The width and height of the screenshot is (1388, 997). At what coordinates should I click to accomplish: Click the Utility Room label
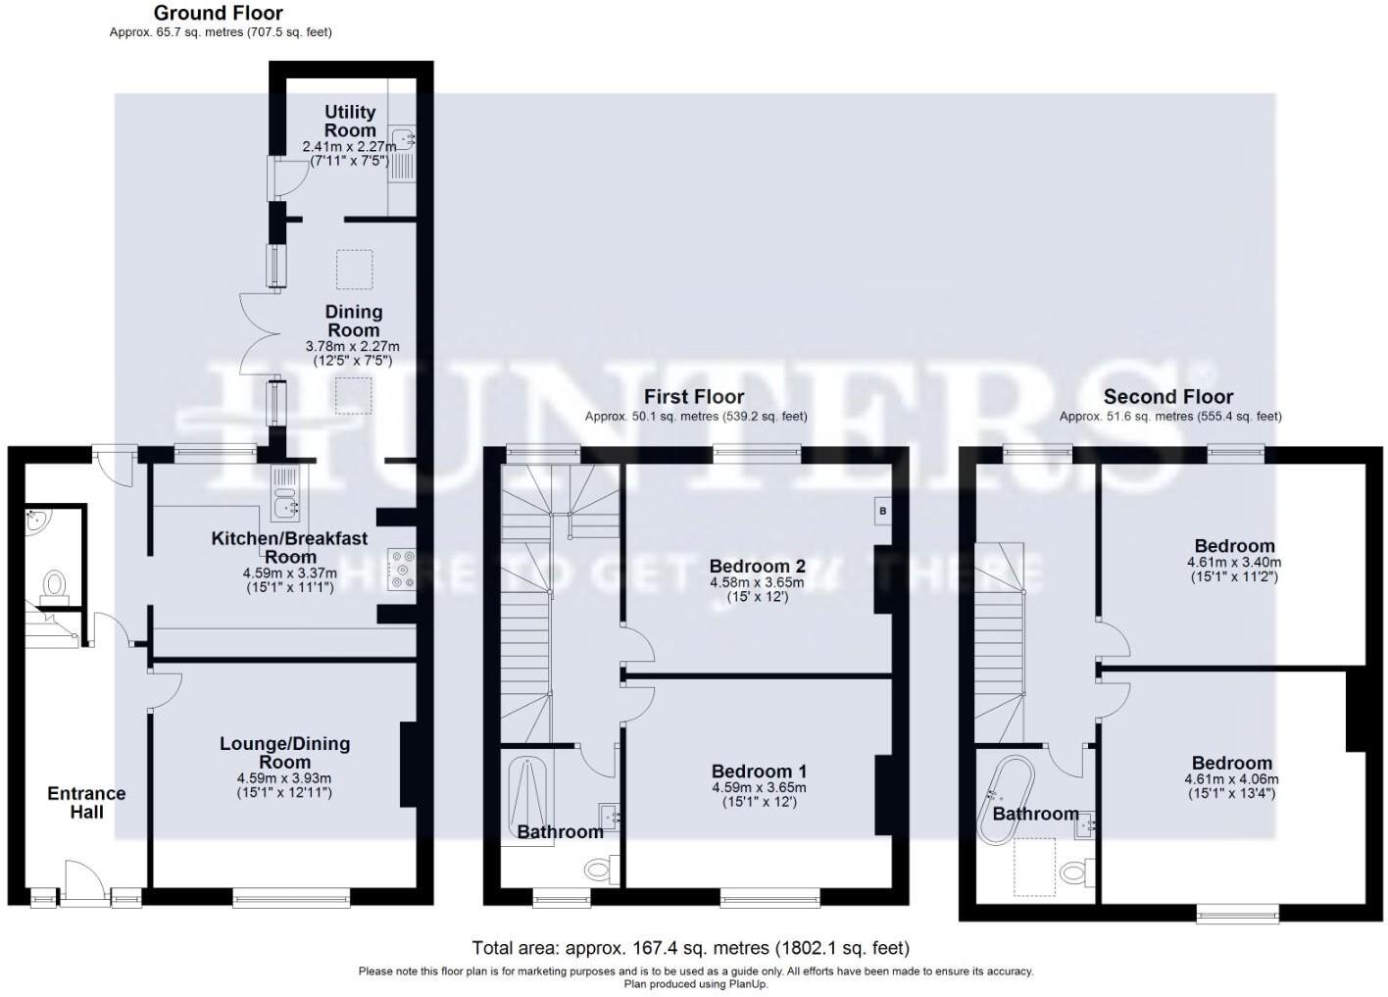tap(350, 121)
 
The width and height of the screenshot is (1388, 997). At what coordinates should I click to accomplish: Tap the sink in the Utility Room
tap(403, 138)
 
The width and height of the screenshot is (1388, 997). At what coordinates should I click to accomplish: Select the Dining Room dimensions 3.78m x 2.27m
tap(352, 346)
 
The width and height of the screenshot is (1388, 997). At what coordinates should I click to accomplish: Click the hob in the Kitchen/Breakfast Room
tap(402, 570)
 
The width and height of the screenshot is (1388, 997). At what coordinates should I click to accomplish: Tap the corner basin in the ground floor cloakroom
tap(37, 522)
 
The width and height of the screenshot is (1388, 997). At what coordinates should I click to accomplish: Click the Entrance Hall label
tap(86, 802)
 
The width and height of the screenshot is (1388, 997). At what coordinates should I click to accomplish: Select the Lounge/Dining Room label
tap(284, 753)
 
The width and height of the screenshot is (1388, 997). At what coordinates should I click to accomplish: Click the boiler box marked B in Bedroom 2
tap(882, 511)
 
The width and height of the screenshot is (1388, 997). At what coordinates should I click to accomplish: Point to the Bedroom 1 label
tap(759, 772)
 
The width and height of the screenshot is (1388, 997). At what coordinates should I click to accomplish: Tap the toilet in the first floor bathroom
tap(599, 869)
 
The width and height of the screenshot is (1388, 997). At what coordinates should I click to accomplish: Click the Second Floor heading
tap(1167, 397)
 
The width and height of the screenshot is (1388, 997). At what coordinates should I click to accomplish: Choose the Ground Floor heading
tap(219, 13)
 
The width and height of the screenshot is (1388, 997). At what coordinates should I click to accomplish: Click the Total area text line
tap(690, 948)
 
